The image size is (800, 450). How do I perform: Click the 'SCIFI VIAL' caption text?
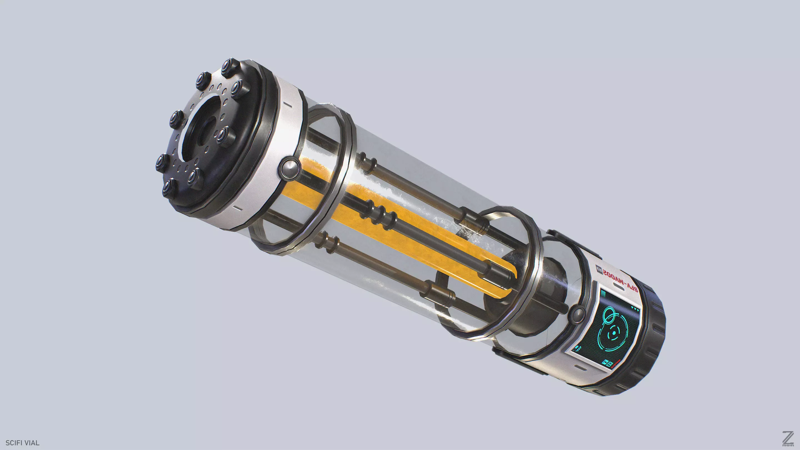(x=22, y=443)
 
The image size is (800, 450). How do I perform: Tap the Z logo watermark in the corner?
(x=788, y=439)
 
